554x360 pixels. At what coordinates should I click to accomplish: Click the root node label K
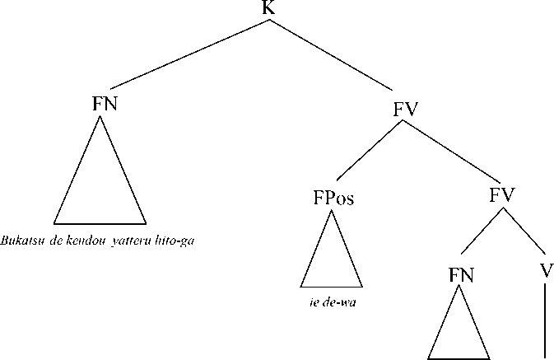point(268,8)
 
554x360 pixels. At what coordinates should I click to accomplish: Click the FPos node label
point(333,199)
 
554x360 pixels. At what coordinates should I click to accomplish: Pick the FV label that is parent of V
point(501,196)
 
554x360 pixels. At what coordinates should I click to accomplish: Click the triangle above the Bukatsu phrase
point(100,185)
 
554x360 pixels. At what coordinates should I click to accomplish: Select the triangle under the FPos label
point(333,259)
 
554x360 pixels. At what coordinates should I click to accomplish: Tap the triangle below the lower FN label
point(459,334)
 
